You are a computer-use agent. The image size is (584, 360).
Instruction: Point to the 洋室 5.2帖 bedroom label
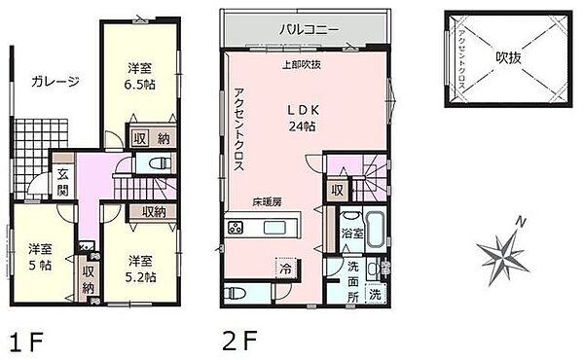pyautogui.click(x=142, y=268)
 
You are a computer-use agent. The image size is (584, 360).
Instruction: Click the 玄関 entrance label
pyautogui.click(x=61, y=182)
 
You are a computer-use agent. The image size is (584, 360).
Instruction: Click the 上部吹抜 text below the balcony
pyautogui.click(x=305, y=66)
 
